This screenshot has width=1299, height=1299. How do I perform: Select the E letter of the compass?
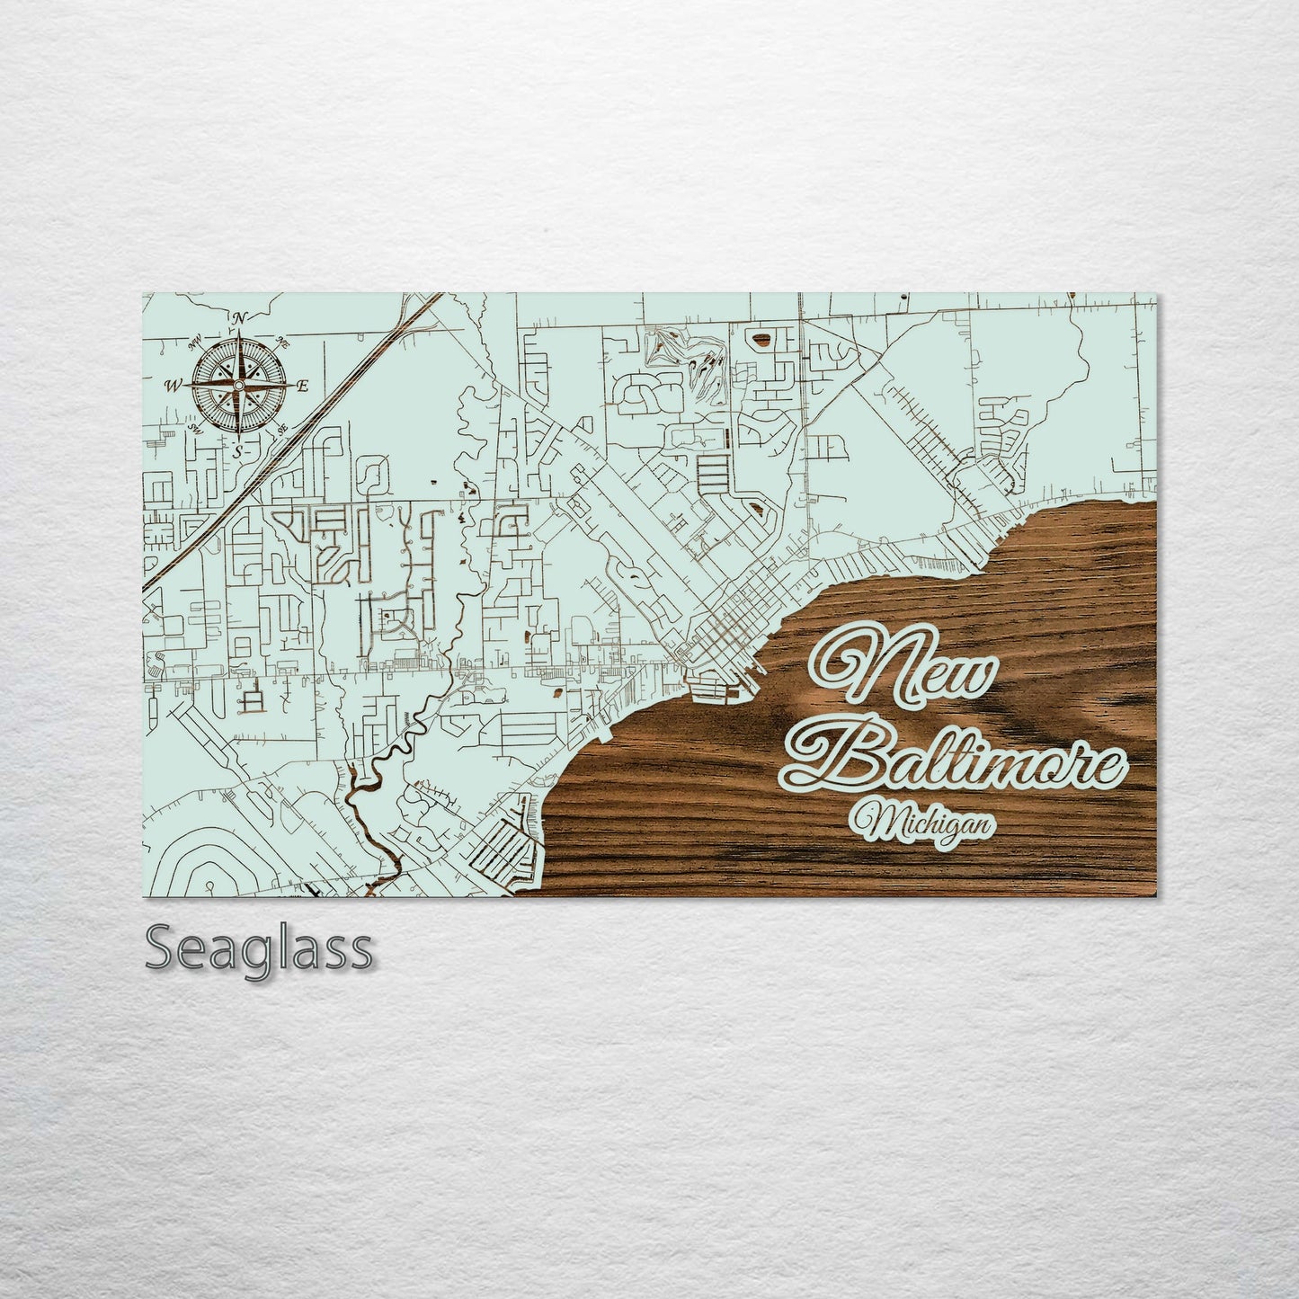click(303, 387)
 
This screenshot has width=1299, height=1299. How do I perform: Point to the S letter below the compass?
click(237, 452)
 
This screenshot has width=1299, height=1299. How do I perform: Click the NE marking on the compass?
click(283, 342)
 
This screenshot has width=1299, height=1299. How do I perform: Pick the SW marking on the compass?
click(193, 430)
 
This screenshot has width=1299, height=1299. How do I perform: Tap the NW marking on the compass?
click(193, 342)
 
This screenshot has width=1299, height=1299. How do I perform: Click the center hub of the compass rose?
click(238, 386)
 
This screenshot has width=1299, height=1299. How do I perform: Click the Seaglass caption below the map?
click(259, 949)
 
